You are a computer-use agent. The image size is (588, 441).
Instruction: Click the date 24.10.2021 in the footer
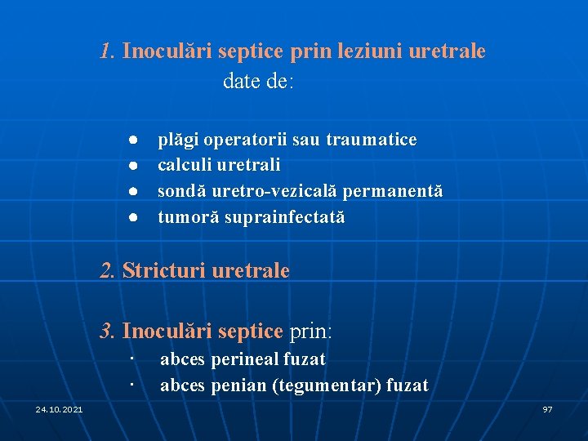click(x=59, y=408)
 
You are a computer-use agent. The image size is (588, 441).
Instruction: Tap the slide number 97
click(x=547, y=408)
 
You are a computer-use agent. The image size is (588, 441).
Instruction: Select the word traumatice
click(x=372, y=140)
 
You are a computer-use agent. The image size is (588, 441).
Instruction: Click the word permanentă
click(x=393, y=191)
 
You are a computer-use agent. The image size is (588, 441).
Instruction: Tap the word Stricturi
click(x=164, y=270)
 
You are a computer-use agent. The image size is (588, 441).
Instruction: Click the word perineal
click(x=244, y=359)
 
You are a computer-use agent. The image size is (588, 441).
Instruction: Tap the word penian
click(x=237, y=385)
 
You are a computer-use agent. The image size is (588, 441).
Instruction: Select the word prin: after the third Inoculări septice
click(x=311, y=331)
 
